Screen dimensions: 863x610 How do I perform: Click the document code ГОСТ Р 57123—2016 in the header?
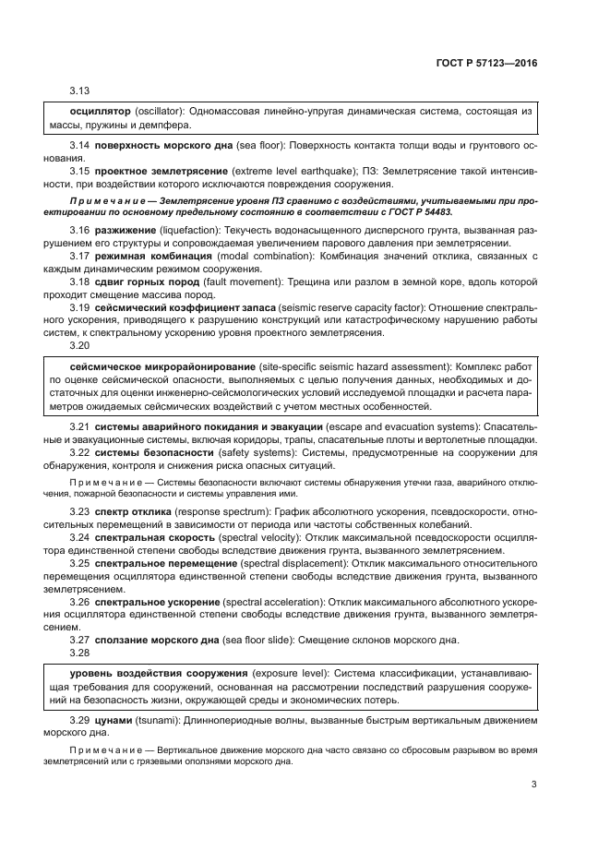(x=486, y=64)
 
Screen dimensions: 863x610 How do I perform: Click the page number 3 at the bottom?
(x=533, y=785)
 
